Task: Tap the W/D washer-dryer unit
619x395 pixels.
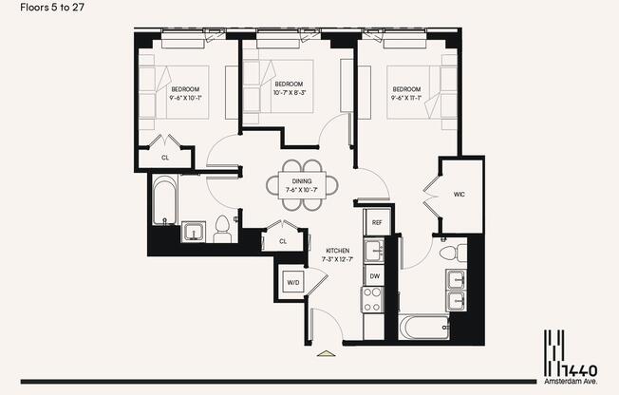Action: [x=292, y=282]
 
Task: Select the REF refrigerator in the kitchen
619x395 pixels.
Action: [x=377, y=223]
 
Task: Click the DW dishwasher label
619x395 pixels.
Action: [x=376, y=276]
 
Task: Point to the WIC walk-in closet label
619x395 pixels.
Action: [x=460, y=195]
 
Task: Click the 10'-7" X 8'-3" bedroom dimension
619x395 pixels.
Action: [x=287, y=93]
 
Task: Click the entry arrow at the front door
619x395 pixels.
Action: [x=326, y=354]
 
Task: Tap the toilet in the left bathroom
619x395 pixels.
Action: [x=223, y=230]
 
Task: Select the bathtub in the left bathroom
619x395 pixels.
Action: [x=164, y=199]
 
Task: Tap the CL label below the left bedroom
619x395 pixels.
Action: [x=165, y=158]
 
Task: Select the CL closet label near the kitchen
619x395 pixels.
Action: [x=283, y=241]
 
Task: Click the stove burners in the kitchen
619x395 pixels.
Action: [x=370, y=300]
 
